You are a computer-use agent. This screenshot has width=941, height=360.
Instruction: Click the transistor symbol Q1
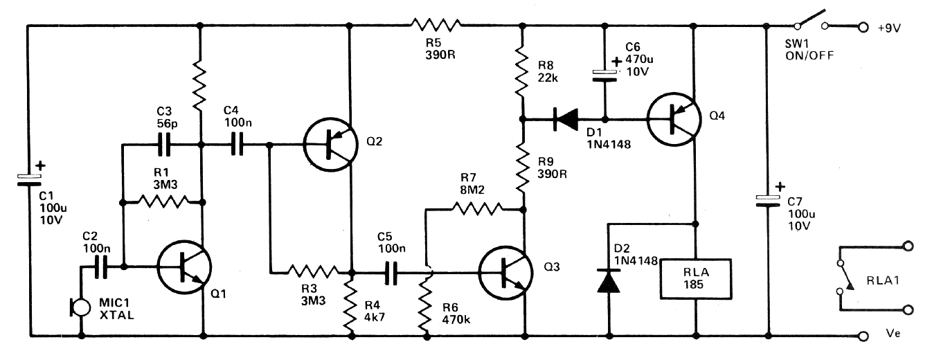(x=184, y=267)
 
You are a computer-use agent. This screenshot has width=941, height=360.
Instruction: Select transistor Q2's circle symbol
(x=330, y=145)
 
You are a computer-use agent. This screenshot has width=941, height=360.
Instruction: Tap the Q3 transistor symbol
(x=505, y=273)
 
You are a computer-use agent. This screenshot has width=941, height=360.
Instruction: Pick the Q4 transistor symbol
(x=674, y=119)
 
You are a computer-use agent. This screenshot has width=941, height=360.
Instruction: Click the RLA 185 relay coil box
(x=696, y=279)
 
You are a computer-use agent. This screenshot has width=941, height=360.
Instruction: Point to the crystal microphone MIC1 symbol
(x=80, y=307)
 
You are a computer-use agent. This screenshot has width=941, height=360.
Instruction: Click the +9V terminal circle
(x=863, y=27)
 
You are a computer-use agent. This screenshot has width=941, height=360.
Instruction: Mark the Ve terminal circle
(x=863, y=336)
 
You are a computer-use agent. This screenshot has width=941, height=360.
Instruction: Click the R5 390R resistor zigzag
(x=436, y=25)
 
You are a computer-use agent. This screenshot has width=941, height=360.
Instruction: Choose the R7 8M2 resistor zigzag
(x=477, y=209)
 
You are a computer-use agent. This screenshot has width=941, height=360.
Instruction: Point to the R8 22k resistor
(x=522, y=72)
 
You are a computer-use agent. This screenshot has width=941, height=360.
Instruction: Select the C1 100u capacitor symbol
(x=29, y=180)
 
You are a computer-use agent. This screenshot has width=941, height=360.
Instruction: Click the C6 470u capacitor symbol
(x=604, y=75)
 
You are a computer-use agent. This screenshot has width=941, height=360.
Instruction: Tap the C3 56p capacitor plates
(x=164, y=145)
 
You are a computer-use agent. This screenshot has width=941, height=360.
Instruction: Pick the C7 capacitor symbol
(x=768, y=201)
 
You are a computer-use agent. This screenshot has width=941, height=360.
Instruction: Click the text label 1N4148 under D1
(x=609, y=145)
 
